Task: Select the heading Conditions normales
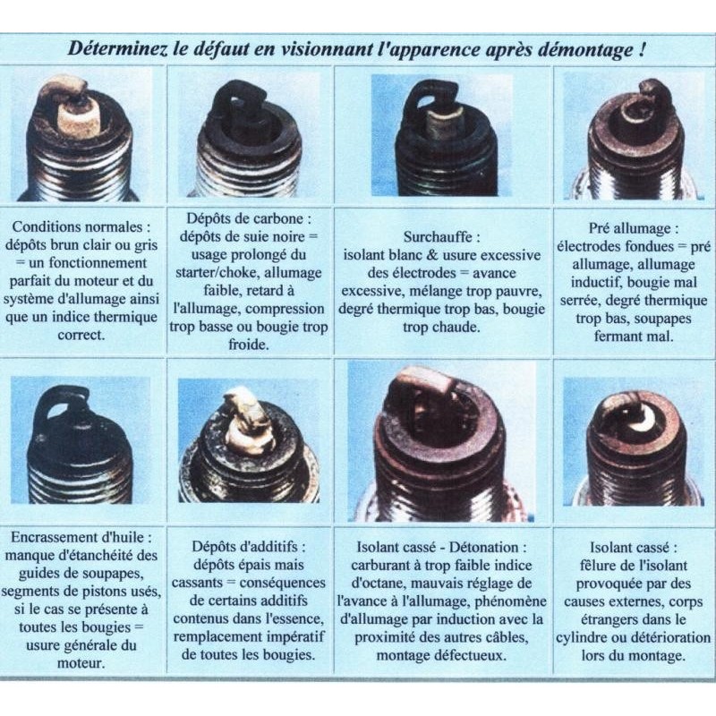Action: pyautogui.click(x=81, y=227)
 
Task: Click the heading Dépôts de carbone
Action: pyautogui.click(x=249, y=218)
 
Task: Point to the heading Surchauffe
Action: pyautogui.click(x=441, y=237)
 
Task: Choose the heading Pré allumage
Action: pyautogui.click(x=633, y=228)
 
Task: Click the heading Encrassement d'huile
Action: pyautogui.click(x=81, y=537)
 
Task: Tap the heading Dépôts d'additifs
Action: pyautogui.click(x=249, y=547)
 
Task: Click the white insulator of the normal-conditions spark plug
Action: pyautogui.click(x=78, y=116)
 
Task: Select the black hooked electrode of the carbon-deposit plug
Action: pyautogui.click(x=236, y=99)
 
